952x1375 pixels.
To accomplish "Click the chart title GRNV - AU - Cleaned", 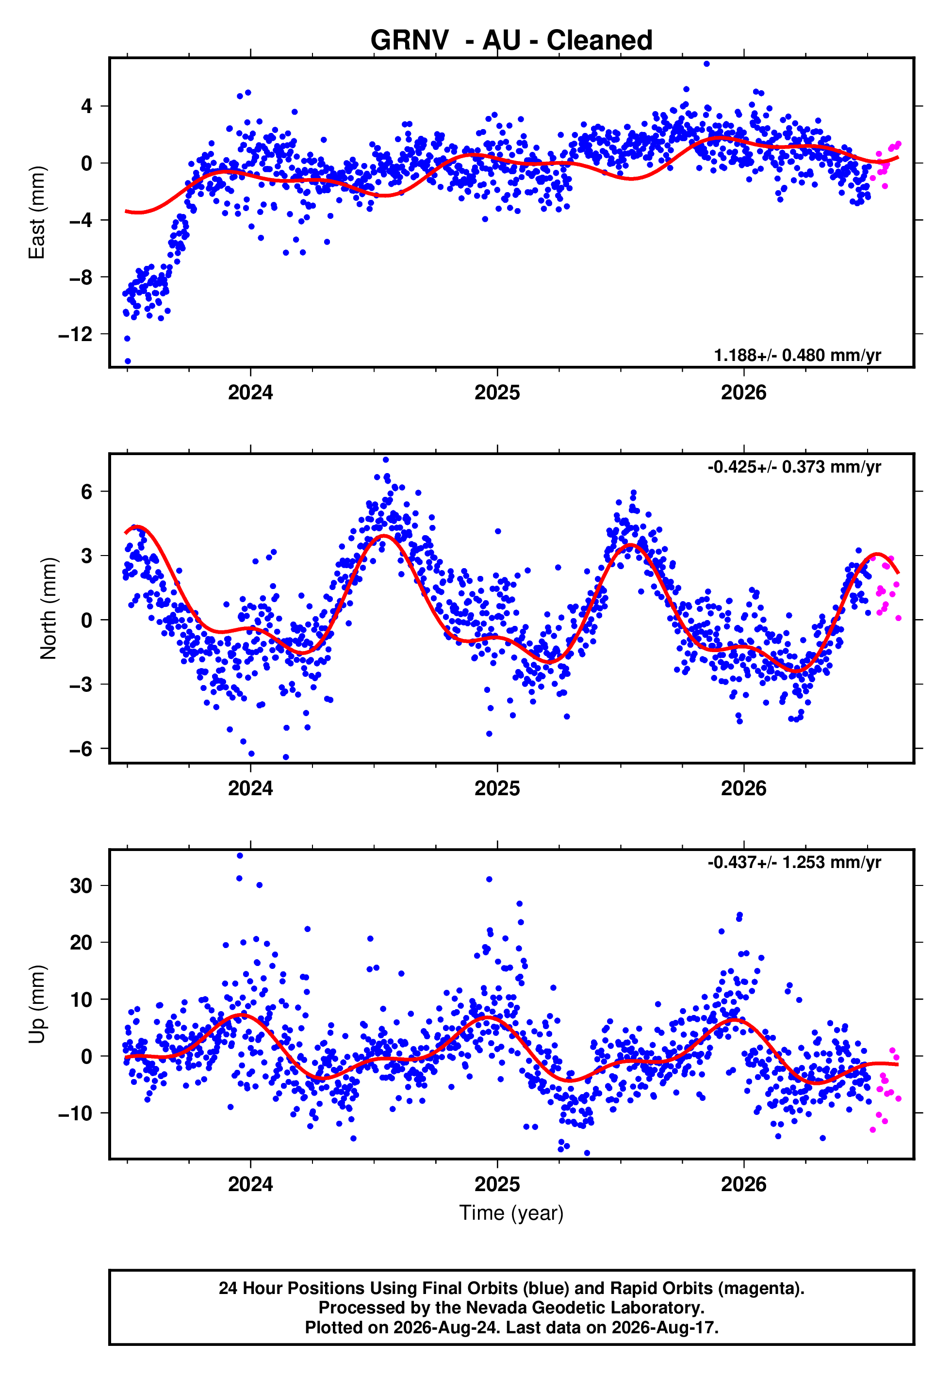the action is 511,41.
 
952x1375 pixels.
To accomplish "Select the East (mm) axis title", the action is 37,213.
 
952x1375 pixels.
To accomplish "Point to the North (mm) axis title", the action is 49,608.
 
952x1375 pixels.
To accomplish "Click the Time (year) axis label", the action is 511,1213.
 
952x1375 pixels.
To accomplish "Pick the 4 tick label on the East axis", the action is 87,107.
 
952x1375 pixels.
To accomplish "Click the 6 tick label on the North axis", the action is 87,492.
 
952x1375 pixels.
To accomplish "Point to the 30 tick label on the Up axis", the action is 81,886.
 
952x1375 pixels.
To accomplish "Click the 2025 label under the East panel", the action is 497,393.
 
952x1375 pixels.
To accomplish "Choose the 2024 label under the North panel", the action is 250,789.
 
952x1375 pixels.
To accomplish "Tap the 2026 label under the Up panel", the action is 744,1185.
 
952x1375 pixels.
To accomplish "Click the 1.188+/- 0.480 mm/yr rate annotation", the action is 798,355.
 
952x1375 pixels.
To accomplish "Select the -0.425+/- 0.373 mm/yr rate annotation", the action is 794,467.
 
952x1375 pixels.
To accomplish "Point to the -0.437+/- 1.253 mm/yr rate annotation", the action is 794,863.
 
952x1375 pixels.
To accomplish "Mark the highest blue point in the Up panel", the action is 240,856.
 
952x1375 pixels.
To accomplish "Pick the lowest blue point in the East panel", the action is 128,361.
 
